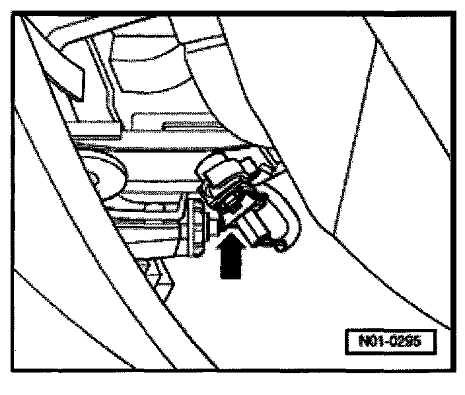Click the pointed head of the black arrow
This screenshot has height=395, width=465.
tap(229, 236)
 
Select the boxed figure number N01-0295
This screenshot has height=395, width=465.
tap(392, 343)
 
